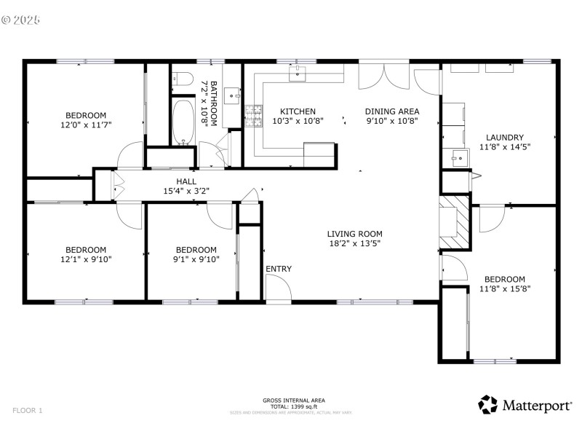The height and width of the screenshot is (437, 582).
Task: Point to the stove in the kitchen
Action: pos(254,115)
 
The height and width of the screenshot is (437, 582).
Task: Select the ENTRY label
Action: pos(278,269)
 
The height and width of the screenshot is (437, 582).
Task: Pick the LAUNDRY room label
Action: pos(504,137)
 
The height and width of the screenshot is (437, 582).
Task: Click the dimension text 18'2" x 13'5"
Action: pos(354,244)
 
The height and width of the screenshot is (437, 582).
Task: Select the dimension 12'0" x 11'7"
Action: pos(86,125)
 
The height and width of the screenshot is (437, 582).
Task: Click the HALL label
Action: pos(186,181)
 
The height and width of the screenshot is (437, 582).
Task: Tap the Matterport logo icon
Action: pos(487,404)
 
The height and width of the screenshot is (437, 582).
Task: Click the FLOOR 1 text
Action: pos(28,411)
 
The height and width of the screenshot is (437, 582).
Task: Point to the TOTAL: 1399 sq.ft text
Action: pos(293,406)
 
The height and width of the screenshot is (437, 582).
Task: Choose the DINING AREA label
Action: pos(391,111)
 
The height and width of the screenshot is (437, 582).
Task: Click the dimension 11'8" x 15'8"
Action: pos(504,288)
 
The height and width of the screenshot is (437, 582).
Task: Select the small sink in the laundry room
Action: pos(457,157)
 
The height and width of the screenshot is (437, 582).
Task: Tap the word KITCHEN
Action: pos(298,111)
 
